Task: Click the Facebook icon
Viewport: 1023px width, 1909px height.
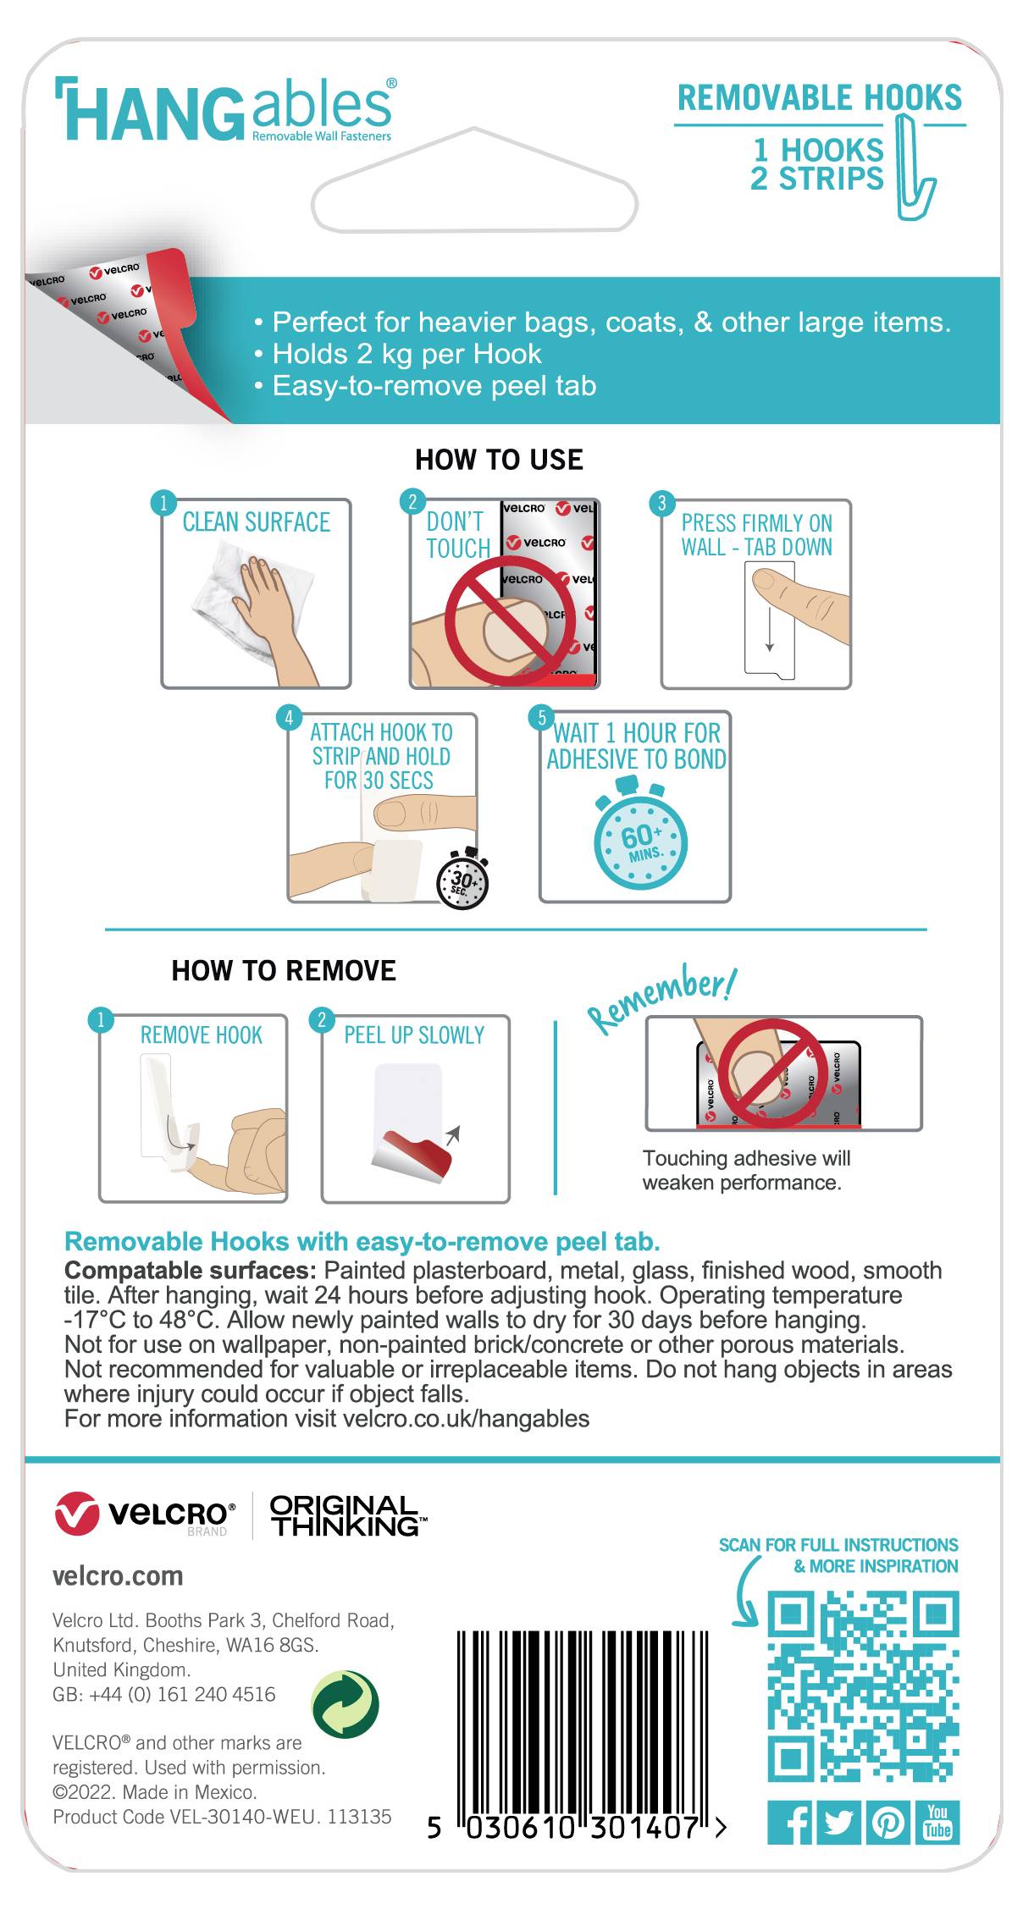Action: pos(788,1823)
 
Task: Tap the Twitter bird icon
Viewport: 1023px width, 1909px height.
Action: pos(838,1823)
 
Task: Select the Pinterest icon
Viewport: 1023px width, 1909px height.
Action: pos(888,1823)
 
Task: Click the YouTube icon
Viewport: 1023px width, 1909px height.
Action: pos(937,1823)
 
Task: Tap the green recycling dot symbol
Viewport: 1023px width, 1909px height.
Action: pos(346,1704)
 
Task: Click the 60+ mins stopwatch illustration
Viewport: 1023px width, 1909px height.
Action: pos(640,841)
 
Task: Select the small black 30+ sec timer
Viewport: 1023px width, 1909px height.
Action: pos(462,881)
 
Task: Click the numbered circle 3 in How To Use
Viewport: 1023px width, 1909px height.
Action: pos(661,503)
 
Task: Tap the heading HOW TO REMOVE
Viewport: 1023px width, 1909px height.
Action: pos(284,970)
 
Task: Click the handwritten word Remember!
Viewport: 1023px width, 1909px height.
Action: pos(662,998)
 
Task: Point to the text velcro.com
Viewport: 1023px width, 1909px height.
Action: pos(118,1576)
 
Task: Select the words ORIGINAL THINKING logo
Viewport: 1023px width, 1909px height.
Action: pos(346,1516)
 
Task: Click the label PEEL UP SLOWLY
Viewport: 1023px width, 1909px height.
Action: pos(414,1035)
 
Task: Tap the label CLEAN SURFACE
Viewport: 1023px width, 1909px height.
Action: pos(256,522)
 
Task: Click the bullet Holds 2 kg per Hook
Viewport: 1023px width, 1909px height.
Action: pos(406,354)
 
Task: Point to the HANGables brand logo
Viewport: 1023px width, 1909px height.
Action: pos(225,111)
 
